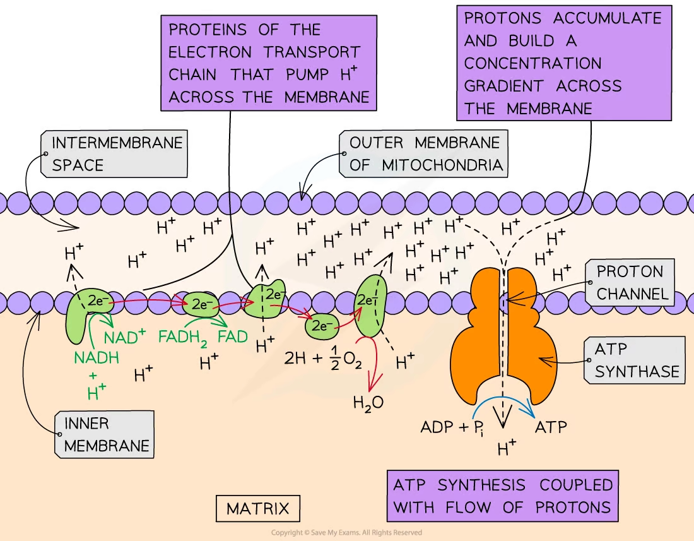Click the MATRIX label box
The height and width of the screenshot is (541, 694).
click(257, 508)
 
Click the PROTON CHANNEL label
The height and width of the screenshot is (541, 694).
click(630, 282)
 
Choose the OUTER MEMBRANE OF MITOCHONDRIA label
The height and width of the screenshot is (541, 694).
click(424, 153)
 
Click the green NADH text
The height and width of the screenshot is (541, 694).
click(96, 357)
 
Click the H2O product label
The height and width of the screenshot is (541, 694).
click(368, 401)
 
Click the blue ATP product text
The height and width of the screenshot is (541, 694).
click(551, 427)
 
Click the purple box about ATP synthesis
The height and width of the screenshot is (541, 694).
click(503, 496)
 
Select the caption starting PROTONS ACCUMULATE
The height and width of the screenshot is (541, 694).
click(563, 63)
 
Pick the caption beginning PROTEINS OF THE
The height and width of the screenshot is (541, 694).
click(269, 63)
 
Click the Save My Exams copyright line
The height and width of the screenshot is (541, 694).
click(346, 533)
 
